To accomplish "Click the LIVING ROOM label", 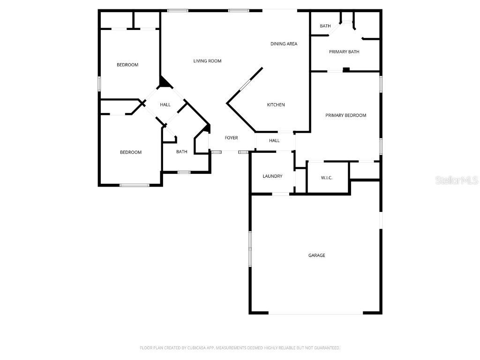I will [207, 61].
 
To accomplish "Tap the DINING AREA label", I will [284, 44].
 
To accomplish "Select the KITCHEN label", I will [276, 105].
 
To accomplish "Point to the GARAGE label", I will [316, 255].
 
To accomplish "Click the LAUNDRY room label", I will [272, 176].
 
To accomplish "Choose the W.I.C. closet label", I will [327, 178].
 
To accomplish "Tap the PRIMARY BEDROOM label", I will [345, 115].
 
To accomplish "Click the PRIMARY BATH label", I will [344, 52].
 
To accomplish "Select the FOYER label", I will [231, 138].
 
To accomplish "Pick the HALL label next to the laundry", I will [274, 141].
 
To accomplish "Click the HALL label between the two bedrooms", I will [165, 105].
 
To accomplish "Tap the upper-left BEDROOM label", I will [127, 65].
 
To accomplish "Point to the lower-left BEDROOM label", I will [130, 152].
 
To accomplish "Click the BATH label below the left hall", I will [181, 152].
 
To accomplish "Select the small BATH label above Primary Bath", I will [325, 26].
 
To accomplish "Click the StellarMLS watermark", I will [457, 180].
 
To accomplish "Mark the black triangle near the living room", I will [165, 82].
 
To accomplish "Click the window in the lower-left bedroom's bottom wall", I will [135, 185].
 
